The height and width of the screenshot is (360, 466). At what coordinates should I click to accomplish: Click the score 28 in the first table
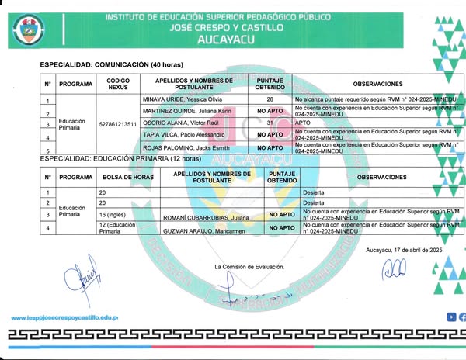(x=270, y=100)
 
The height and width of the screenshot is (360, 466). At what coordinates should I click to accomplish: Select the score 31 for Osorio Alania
(x=270, y=123)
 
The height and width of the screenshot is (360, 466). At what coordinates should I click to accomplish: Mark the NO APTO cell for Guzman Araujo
(x=281, y=228)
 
